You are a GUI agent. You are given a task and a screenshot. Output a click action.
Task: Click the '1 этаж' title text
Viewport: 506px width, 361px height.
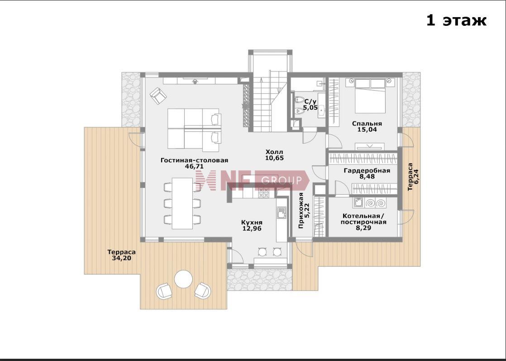[456, 21]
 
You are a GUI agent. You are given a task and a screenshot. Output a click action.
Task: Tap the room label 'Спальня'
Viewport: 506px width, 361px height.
[367, 124]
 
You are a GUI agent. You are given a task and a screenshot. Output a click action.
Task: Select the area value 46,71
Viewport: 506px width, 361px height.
[194, 167]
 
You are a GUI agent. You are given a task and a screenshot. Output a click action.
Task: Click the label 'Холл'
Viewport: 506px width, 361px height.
[274, 152]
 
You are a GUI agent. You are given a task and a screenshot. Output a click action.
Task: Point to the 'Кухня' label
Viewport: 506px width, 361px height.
[252, 222]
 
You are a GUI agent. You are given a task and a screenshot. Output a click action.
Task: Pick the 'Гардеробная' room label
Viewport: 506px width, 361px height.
[367, 170]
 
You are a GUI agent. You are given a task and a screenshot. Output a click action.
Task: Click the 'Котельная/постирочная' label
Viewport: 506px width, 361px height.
[363, 219]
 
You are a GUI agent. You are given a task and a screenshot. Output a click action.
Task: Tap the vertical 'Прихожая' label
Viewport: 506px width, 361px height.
[301, 211]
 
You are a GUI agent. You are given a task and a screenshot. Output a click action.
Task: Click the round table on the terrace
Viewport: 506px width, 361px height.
[184, 279]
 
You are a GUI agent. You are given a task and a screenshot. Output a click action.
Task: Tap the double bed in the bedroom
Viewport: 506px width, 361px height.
[370, 96]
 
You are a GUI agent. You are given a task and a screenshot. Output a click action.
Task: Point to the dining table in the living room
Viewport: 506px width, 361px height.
[182, 203]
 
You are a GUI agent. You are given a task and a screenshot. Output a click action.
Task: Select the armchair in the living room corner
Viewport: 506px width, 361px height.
[158, 96]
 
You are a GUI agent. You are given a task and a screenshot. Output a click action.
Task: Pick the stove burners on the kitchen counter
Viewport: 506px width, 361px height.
[263, 193]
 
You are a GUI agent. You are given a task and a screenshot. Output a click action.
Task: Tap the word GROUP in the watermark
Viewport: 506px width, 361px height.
[281, 180]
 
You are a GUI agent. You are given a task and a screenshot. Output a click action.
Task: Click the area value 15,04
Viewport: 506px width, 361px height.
[367, 130]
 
